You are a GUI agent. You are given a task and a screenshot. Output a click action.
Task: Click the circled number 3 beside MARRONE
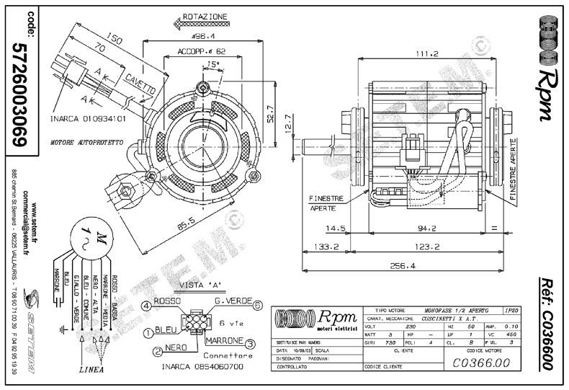249,344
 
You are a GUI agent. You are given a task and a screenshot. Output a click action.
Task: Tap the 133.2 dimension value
326,247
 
